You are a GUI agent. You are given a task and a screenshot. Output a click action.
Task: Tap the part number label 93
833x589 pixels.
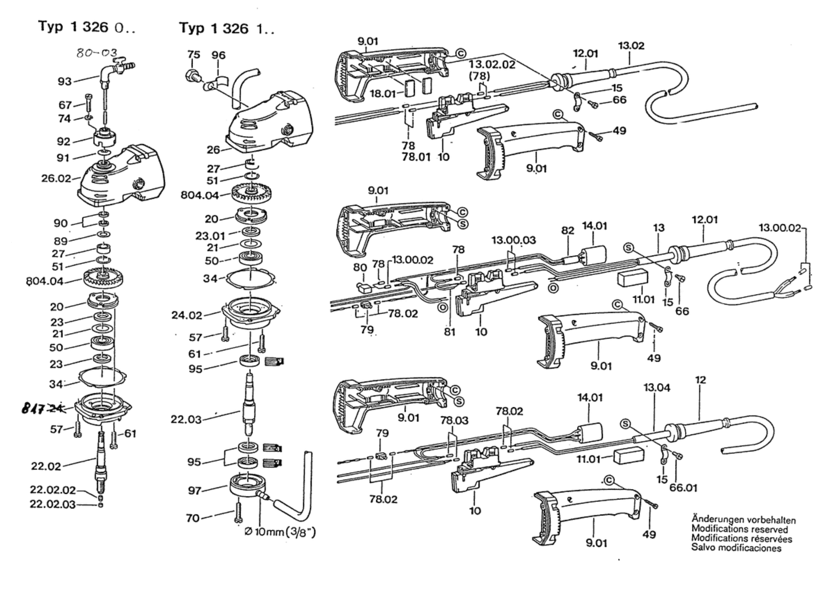tap(65, 81)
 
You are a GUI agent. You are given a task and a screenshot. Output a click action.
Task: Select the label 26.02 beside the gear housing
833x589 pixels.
tap(56, 178)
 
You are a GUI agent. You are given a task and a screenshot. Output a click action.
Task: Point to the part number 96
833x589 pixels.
tap(218, 55)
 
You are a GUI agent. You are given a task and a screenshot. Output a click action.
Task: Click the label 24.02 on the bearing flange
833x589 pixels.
tap(187, 315)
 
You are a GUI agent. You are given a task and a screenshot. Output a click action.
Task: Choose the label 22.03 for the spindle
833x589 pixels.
tap(186, 419)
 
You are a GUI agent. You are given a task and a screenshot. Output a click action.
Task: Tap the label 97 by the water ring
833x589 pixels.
tap(195, 490)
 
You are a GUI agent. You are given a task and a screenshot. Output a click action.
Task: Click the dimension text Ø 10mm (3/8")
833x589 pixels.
tap(280, 532)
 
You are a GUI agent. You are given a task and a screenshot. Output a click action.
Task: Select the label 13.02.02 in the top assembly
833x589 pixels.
tap(492, 64)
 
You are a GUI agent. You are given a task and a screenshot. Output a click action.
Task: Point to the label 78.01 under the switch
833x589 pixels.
tap(416, 157)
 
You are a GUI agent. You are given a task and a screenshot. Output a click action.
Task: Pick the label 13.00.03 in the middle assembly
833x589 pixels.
tap(513, 240)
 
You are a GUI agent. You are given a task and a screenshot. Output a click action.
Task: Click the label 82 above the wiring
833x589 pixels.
tap(568, 230)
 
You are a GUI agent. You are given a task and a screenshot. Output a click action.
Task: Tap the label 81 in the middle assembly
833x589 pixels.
tap(450, 332)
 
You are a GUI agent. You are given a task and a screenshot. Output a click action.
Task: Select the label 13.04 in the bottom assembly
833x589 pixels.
tap(656, 387)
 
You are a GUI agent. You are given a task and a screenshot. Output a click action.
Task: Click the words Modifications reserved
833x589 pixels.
tap(739, 530)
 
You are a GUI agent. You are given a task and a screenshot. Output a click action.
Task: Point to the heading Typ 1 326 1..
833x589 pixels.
tap(227, 28)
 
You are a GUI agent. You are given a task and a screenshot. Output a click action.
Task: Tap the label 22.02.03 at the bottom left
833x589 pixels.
tap(53, 504)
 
